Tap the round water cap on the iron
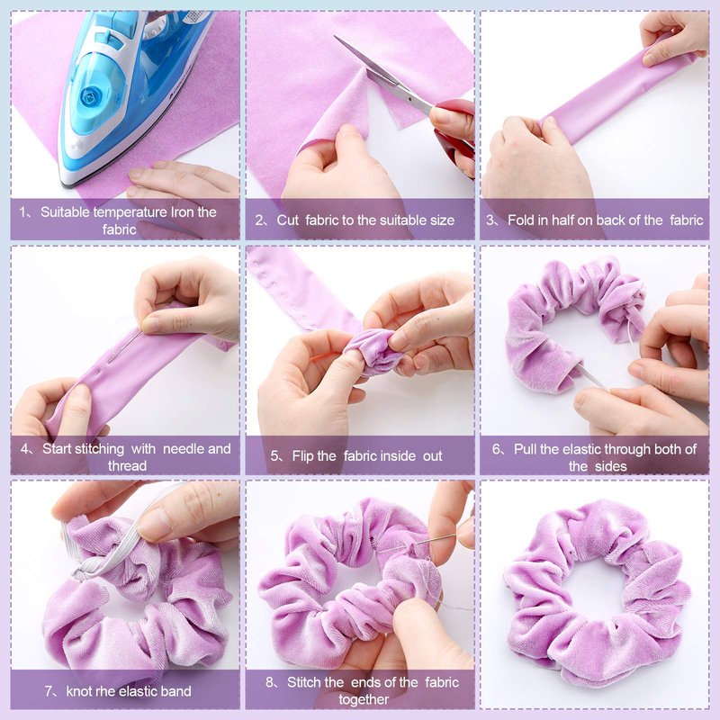89,97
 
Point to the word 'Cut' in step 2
287,220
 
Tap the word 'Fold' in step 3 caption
521,220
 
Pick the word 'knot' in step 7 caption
78,691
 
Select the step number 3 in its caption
490,220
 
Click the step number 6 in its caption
496,448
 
